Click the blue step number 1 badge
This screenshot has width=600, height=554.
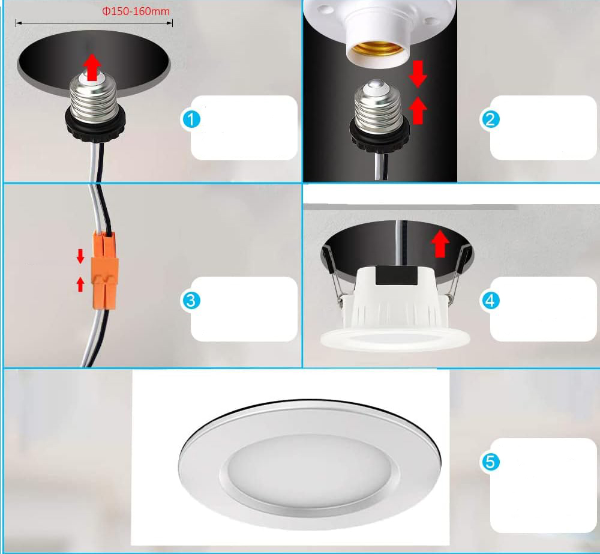(191, 119)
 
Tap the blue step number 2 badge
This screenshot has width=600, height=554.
(490, 119)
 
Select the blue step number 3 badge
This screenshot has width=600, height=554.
(191, 301)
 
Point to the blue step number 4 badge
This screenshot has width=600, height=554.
(490, 301)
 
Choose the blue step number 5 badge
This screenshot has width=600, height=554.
(490, 462)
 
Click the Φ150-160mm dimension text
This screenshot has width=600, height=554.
(136, 11)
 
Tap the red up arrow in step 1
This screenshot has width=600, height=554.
(92, 67)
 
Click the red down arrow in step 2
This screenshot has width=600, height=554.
(418, 73)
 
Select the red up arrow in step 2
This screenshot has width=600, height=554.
(418, 110)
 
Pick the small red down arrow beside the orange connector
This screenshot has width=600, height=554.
(80, 256)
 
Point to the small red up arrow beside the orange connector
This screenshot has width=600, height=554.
(80, 285)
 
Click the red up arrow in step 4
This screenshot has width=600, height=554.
(440, 244)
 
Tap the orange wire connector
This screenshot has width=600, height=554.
(104, 270)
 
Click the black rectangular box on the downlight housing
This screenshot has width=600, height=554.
(397, 275)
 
